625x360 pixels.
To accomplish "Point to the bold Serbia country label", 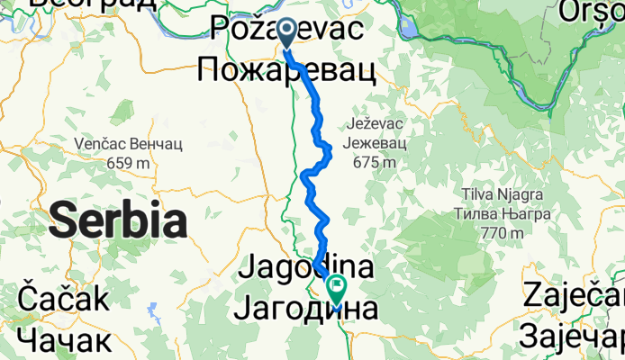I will tap(118, 220).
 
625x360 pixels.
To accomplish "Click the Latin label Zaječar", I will tap(573, 299).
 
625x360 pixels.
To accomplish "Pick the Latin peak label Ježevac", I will tap(376, 122).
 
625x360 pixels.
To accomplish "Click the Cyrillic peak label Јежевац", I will tap(376, 142).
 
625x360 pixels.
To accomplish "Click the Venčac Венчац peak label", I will tap(131, 143).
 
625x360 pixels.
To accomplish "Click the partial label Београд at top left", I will tap(90, 4).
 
